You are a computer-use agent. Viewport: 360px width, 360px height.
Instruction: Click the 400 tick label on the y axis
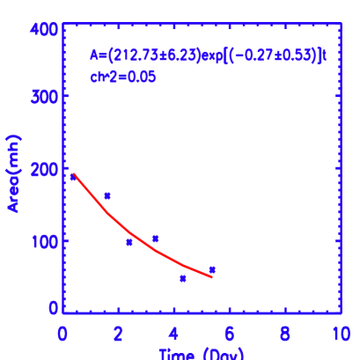(x=48, y=29)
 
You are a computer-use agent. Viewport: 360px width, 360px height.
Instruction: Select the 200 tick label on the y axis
(x=48, y=169)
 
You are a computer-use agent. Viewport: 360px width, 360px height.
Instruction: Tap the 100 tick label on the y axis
(x=48, y=239)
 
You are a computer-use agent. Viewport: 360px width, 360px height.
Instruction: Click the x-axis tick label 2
(x=118, y=335)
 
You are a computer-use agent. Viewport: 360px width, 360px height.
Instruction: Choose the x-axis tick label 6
(x=230, y=335)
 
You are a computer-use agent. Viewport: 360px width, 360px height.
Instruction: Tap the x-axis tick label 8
(x=285, y=335)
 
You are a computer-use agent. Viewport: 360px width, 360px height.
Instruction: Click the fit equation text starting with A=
(x=209, y=55)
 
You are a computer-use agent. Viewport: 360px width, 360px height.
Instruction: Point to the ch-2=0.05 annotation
(x=123, y=77)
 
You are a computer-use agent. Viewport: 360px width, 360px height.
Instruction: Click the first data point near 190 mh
(x=74, y=177)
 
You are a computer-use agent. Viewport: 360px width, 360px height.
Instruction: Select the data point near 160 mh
(x=107, y=195)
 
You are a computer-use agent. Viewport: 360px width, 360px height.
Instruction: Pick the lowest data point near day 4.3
(x=183, y=278)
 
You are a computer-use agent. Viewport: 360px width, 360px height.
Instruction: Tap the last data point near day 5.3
(x=212, y=269)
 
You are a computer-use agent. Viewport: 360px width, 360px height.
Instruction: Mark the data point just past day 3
(x=155, y=238)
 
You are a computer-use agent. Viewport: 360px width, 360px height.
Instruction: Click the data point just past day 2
(x=129, y=242)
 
